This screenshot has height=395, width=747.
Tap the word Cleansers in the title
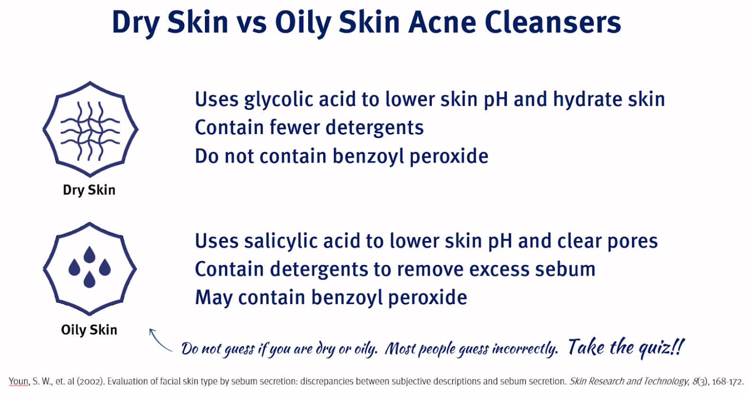(552, 22)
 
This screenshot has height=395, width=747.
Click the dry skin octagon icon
(90, 129)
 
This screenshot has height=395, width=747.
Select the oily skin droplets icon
(90, 269)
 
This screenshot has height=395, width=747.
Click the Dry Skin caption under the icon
(89, 190)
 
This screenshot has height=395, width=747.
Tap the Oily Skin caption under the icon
(89, 330)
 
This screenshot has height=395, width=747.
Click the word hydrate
(587, 99)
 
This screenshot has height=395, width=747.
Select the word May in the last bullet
(213, 298)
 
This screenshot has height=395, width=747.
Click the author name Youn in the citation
(19, 381)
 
